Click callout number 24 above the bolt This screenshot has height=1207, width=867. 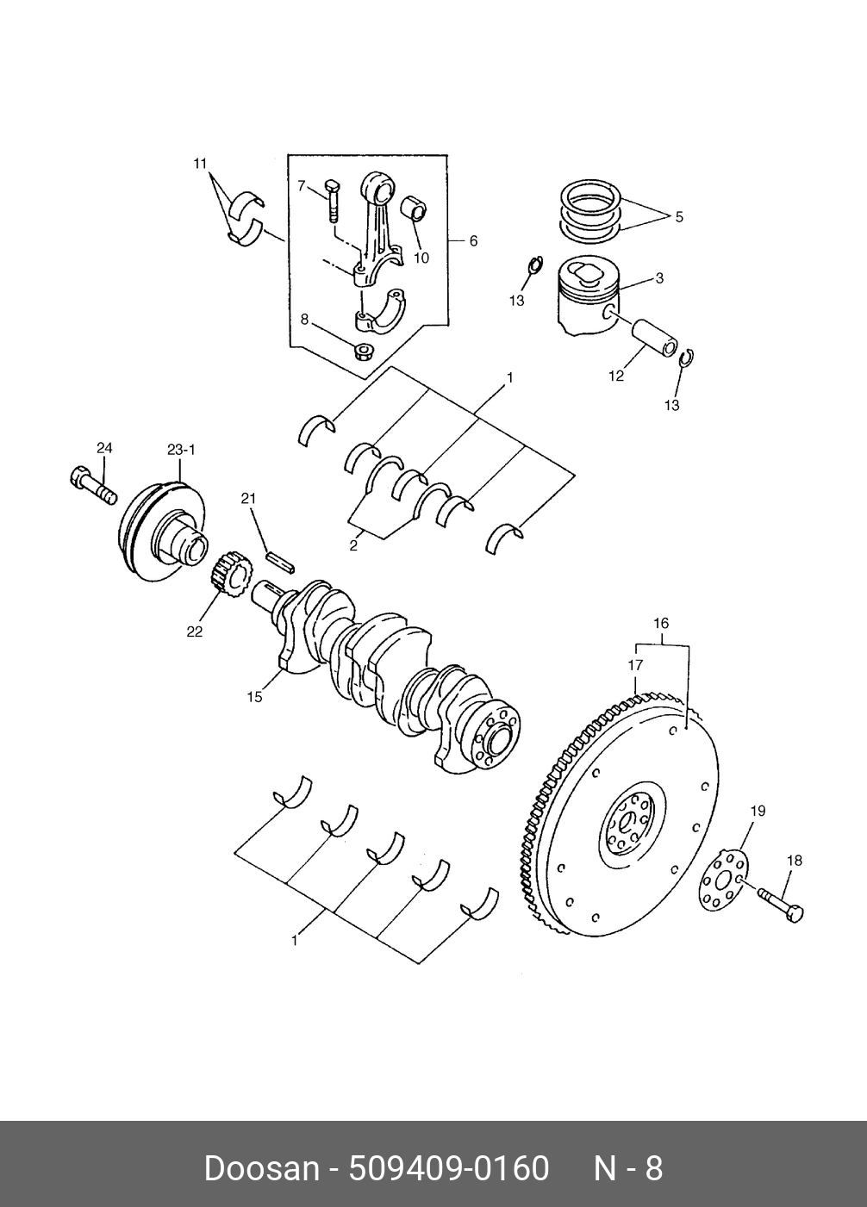click(x=104, y=448)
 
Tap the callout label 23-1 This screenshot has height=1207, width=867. click(x=181, y=450)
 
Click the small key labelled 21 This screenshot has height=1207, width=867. click(x=280, y=560)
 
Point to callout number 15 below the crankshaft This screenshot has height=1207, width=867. click(x=254, y=697)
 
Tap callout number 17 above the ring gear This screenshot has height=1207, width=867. click(x=635, y=665)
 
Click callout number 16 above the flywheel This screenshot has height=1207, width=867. click(x=661, y=624)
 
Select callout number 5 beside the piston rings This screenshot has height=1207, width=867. click(x=679, y=217)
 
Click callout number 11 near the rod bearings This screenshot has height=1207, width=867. click(x=201, y=164)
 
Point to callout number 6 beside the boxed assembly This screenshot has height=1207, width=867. click(x=473, y=241)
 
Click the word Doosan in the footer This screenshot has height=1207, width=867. click(x=262, y=1169)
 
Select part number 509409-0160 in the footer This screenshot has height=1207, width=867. click(x=449, y=1169)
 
